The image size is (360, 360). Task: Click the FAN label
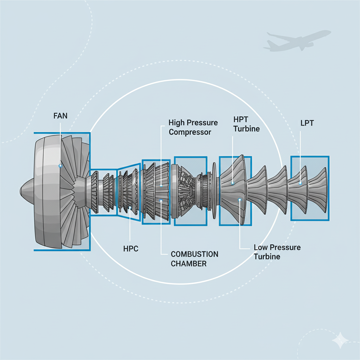tap(60, 116)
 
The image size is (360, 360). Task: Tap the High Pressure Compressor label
tap(193, 127)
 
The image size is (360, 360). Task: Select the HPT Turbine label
tap(246, 124)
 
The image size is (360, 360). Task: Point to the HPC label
tap(131, 249)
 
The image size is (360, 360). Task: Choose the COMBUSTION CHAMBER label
tap(194, 259)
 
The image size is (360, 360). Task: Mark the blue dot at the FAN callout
tap(60, 165)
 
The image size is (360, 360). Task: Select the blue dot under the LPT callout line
tap(300, 183)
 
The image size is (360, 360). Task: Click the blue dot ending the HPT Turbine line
tap(233, 183)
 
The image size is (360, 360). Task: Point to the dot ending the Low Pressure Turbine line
tap(239, 200)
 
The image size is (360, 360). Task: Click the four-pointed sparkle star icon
tap(340, 339)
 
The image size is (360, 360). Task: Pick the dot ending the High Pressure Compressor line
tap(161, 185)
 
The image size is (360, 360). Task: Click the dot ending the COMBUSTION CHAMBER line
tap(161, 201)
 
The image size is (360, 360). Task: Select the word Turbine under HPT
tap(246, 129)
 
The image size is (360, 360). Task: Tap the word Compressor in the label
tap(190, 132)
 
